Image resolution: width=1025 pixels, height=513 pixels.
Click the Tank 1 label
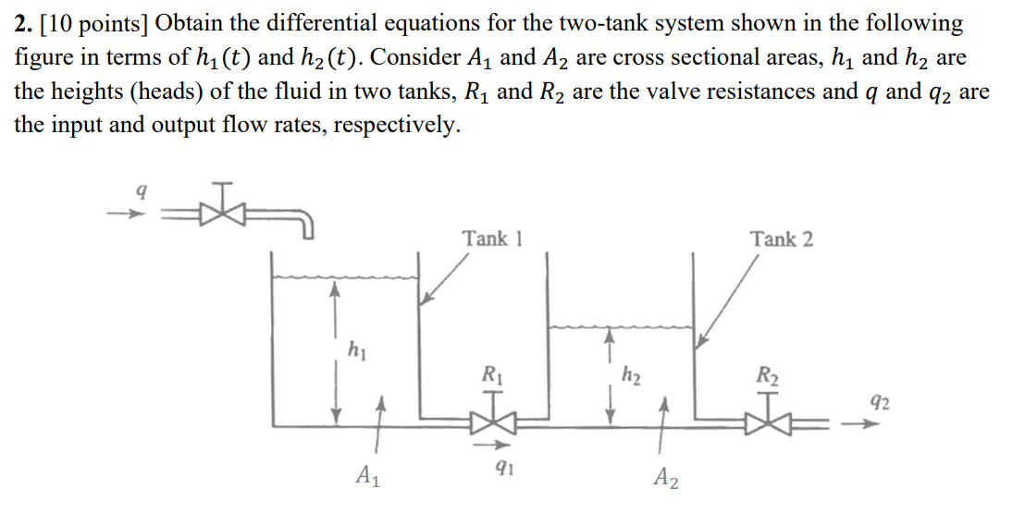tap(492, 238)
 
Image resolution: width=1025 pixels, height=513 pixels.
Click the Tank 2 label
tap(782, 238)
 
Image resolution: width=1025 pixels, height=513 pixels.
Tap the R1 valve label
tap(492, 374)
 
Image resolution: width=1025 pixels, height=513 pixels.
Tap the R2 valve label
tap(768, 374)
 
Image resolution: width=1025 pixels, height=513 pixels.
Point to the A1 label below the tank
tap(367, 477)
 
